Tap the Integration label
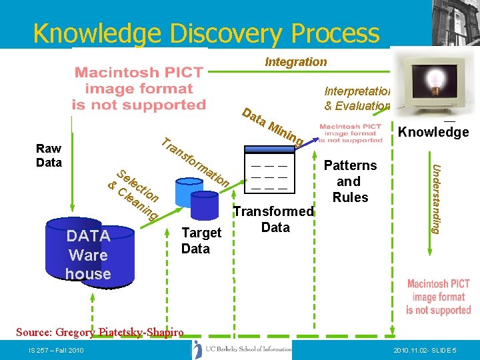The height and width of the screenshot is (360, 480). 295,62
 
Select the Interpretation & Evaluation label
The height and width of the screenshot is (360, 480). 357,98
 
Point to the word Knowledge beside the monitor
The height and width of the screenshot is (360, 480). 433,132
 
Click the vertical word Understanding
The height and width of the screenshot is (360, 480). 435,198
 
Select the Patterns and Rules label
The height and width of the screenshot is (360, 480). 351,181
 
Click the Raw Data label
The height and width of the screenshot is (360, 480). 49,155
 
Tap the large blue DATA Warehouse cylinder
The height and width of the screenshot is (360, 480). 88,253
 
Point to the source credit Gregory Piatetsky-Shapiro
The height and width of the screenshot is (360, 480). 99,333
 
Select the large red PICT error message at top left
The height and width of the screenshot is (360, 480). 139,89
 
